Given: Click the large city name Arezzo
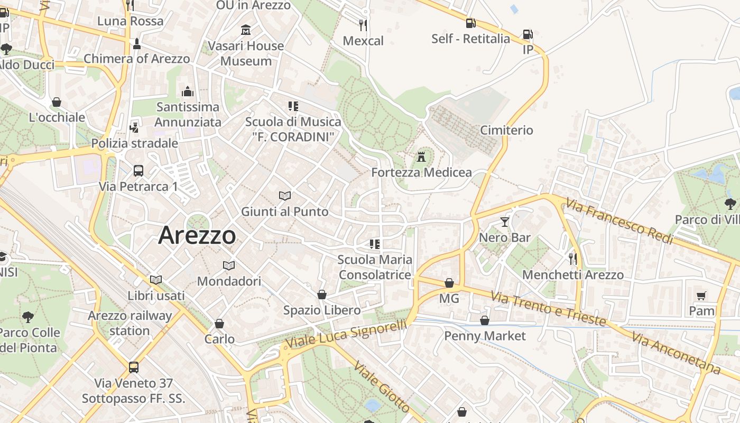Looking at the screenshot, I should tap(197, 235).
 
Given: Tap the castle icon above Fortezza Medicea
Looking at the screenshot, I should tap(421, 157).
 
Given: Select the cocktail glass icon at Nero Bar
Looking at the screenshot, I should tap(505, 222).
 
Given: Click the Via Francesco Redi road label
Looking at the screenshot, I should tap(619, 221).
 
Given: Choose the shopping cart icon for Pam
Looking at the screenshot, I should tap(701, 296).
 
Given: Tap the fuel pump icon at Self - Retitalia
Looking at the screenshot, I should tap(470, 23).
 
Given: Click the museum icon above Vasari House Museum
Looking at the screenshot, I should tap(246, 30).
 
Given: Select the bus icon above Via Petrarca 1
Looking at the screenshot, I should tap(138, 170).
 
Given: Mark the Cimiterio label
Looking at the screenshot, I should tap(506, 130).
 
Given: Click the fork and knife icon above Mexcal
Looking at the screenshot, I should tap(363, 25).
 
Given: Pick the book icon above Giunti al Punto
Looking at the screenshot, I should tap(285, 196).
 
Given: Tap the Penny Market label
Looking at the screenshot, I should tap(485, 336).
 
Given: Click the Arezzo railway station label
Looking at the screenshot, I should tap(130, 323).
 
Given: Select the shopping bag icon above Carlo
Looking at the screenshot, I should tap(219, 323).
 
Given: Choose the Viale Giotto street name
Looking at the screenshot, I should tap(381, 387).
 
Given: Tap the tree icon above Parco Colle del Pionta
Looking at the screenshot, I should tap(28, 317).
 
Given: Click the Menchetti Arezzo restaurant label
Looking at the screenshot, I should tap(573, 275).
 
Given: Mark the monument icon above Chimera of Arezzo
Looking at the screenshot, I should tap(137, 43).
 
